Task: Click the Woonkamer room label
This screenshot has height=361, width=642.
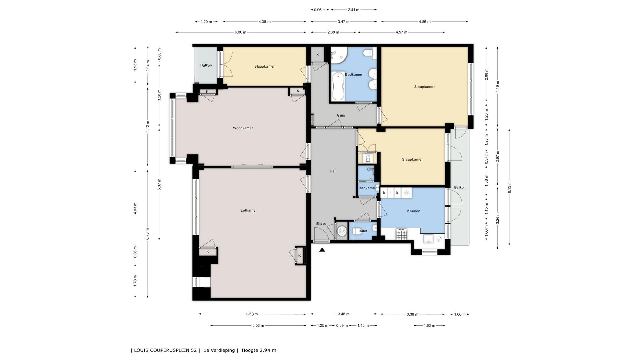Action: point(243,128)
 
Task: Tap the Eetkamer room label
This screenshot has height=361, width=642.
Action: point(249,210)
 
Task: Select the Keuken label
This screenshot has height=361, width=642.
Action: point(414,211)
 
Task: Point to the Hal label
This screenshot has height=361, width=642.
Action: point(332,171)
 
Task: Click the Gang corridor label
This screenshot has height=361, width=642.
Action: point(341,115)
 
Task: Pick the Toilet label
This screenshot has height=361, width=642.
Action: point(363,231)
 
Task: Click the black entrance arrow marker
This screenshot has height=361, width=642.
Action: point(322,249)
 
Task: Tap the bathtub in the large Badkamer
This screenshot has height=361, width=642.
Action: point(338,86)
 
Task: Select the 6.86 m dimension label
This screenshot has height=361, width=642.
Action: point(240,32)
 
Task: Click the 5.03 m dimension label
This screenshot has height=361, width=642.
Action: point(258,325)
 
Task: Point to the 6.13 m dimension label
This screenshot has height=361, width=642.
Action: point(509,187)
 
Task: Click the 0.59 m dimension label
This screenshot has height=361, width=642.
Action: point(342,325)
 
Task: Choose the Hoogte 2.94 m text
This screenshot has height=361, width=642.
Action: point(259,350)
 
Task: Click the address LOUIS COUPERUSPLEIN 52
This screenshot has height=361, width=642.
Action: point(165,350)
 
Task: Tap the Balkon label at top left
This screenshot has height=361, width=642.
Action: point(206,65)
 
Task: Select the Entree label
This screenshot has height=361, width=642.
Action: point(321,224)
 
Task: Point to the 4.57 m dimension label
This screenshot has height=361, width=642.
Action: point(401,32)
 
